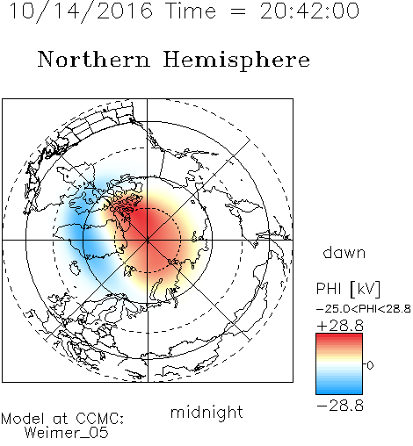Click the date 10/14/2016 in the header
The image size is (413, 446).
81,11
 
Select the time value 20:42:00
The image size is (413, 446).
309,11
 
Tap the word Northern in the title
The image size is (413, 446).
93,59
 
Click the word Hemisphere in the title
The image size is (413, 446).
236,61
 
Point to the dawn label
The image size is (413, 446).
344,252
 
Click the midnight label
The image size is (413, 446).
206,412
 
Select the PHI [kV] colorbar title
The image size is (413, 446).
348,289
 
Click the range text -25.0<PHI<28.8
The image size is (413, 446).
364,309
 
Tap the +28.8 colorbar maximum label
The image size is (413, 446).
340,326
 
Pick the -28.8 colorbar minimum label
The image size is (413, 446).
340,406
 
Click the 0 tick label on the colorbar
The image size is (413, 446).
370,365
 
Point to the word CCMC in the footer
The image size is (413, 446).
100,419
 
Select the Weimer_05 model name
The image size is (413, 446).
67,433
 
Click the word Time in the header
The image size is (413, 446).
191,11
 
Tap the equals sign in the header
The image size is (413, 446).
238,11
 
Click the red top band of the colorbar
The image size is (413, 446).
339,337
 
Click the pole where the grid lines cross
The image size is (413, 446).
148,240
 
